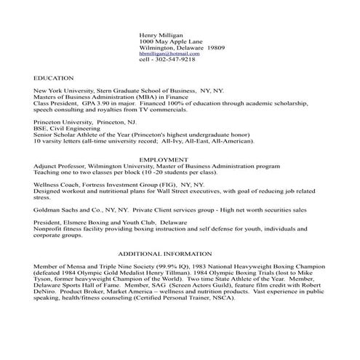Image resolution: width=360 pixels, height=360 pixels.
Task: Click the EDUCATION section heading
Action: tap(54, 76)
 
